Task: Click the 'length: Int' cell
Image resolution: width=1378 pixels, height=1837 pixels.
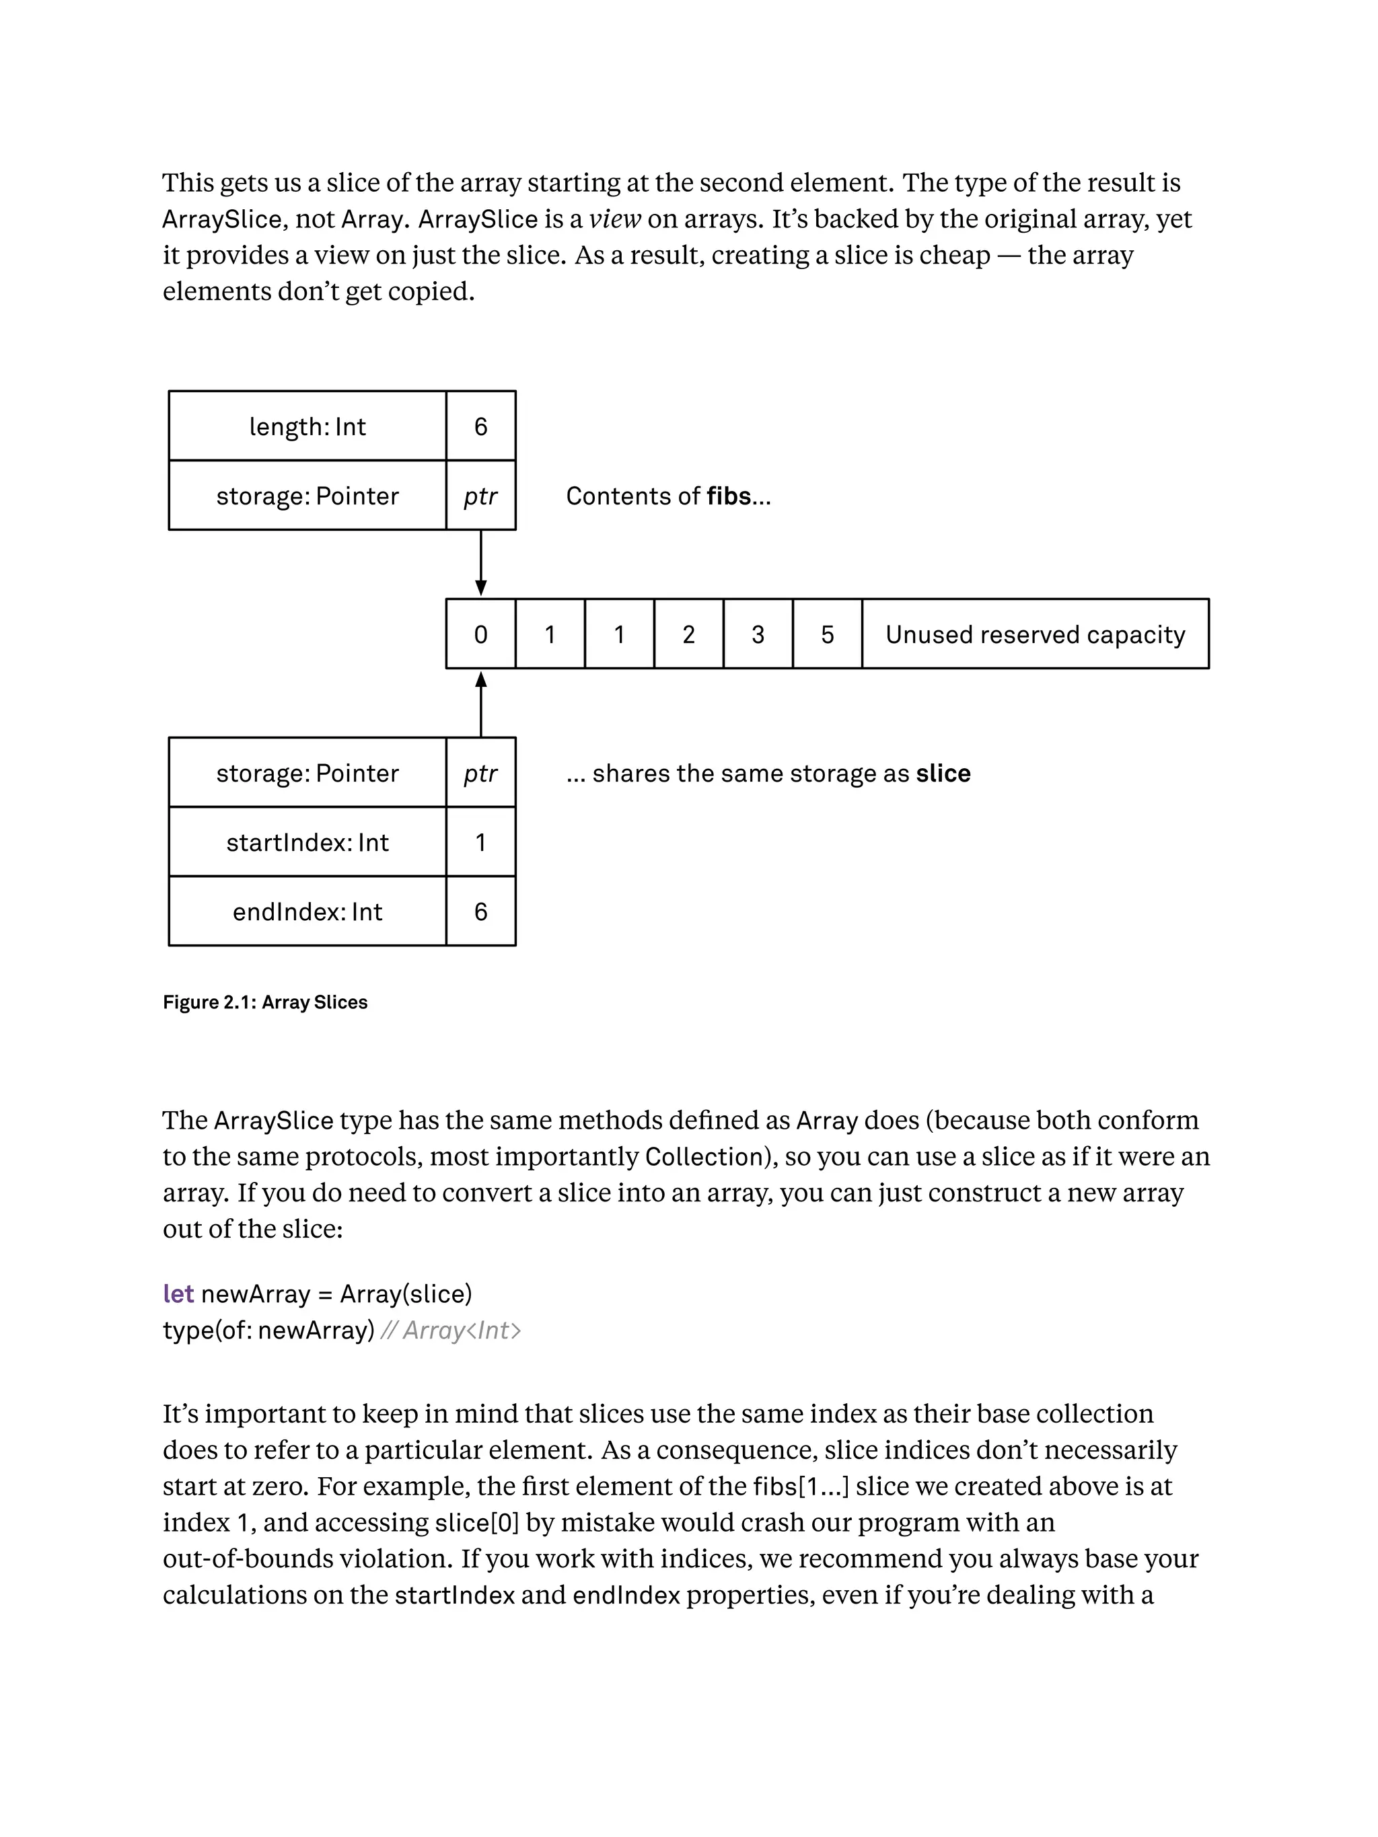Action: pos(307,426)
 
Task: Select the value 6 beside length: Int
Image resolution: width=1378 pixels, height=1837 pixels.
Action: pos(480,426)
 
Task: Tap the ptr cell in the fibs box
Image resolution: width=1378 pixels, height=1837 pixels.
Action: pos(480,496)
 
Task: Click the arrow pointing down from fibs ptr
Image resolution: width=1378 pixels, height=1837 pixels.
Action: pos(481,563)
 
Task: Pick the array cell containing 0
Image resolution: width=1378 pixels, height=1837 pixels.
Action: pos(480,634)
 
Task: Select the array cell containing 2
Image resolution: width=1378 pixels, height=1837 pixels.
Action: pos(688,634)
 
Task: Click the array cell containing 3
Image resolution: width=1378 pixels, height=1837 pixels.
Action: pos(758,634)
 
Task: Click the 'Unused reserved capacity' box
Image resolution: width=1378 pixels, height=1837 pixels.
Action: pos(1035,634)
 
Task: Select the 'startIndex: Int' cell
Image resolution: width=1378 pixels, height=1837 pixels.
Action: pos(307,842)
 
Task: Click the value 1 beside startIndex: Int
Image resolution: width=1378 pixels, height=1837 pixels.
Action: pos(480,842)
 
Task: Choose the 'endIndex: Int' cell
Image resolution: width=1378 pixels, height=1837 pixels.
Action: pos(307,912)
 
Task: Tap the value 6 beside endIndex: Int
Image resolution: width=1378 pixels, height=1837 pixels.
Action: pos(480,912)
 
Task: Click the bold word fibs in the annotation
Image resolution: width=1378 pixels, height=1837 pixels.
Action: pos(729,496)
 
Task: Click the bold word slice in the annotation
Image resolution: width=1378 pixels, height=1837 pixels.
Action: pos(943,773)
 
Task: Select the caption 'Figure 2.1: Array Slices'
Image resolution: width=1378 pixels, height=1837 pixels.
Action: pos(265,1002)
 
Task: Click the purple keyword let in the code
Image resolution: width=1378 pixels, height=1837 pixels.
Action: pos(178,1294)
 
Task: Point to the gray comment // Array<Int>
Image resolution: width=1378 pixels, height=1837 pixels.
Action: pos(450,1330)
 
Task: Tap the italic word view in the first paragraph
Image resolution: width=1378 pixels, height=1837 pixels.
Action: pos(615,219)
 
